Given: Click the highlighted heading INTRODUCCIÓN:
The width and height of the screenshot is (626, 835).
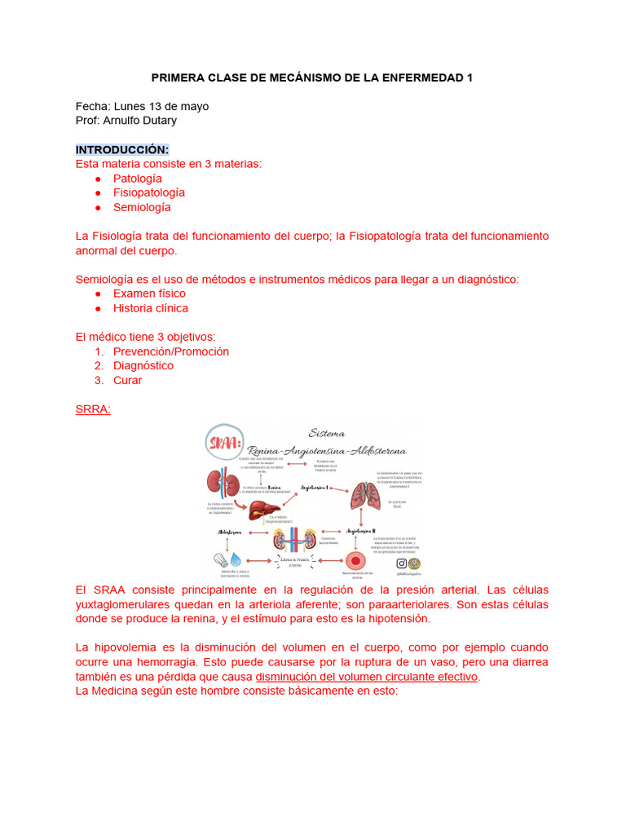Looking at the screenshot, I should click(122, 150).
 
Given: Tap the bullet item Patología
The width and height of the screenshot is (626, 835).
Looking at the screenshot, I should click(138, 179).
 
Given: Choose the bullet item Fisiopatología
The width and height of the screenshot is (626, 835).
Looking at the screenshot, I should click(149, 193).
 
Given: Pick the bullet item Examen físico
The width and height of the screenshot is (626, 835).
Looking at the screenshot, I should click(149, 294).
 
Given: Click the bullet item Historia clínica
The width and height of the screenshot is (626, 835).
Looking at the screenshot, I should click(151, 308).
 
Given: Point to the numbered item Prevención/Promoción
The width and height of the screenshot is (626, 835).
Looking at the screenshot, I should click(171, 351).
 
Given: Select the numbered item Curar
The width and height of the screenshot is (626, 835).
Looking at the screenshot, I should click(128, 380).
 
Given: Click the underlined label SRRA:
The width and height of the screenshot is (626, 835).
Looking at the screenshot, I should click(93, 409).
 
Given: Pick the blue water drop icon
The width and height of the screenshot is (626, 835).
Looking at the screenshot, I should click(235, 559).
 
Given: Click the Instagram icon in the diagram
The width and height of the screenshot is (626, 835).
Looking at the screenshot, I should click(401, 563).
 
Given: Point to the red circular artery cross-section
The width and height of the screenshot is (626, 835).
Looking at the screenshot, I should click(355, 562).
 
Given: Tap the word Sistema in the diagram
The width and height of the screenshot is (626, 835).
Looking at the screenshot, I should click(328, 433).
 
